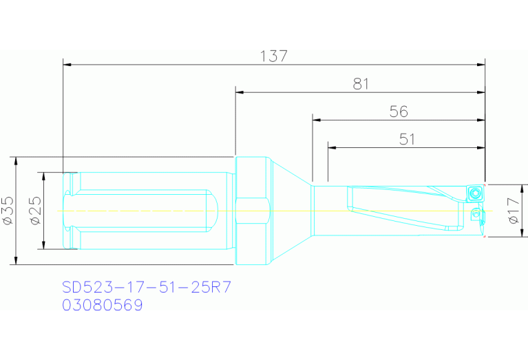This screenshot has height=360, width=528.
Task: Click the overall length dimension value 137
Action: [x=274, y=56]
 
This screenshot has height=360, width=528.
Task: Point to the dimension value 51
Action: [x=407, y=138]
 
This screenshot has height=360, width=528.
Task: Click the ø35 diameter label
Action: [x=8, y=210]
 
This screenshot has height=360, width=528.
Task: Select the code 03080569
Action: [x=103, y=305]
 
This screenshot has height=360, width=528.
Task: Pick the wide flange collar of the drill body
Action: [x=250, y=210]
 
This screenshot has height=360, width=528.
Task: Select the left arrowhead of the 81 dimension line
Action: [x=239, y=92]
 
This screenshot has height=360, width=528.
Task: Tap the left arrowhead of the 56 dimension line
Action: [x=316, y=120]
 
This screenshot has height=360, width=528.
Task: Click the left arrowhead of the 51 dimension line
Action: [x=331, y=147]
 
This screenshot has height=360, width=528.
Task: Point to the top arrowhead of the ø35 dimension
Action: [x=14, y=160]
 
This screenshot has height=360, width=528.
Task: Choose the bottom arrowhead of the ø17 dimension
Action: [x=519, y=235]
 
